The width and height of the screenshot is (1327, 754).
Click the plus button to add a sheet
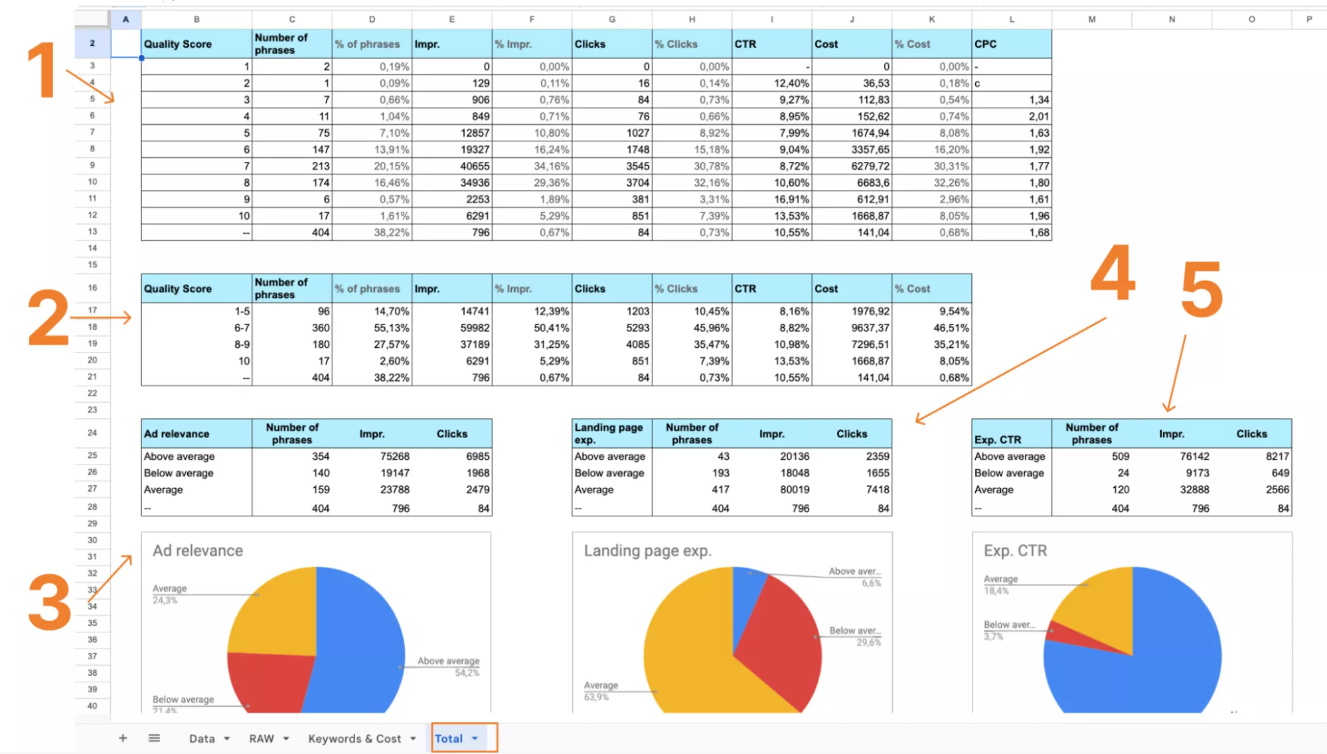(123, 738)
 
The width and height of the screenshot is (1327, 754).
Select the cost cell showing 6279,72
(852, 166)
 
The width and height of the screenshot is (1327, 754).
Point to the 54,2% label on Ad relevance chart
(467, 673)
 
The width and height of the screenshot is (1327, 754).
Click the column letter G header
(612, 19)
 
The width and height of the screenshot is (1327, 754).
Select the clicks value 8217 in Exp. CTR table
(1277, 456)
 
